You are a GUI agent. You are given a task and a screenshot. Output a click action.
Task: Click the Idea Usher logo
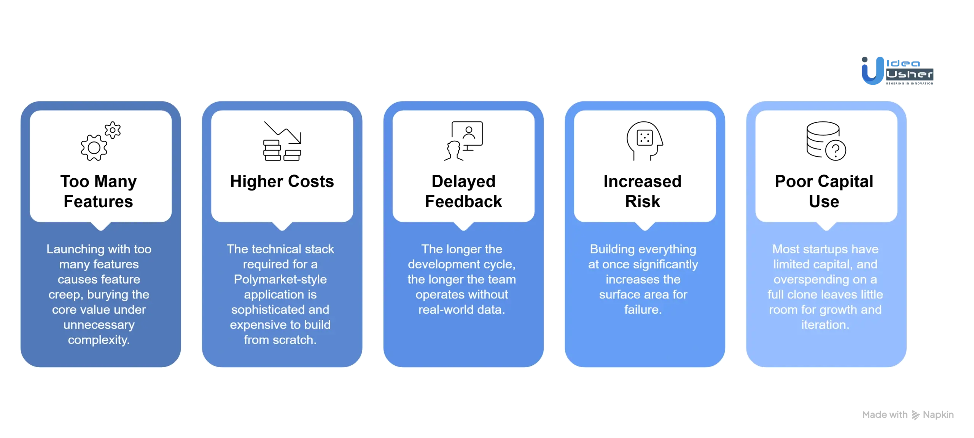[x=897, y=71]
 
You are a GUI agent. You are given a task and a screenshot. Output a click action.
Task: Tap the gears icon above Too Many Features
[x=101, y=141]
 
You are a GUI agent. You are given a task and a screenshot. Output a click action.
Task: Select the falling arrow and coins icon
[x=282, y=141]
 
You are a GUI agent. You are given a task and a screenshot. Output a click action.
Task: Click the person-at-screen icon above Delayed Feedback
[x=463, y=141]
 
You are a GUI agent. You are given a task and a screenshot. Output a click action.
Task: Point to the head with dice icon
[x=645, y=141]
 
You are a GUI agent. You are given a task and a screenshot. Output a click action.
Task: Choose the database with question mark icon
[x=826, y=141]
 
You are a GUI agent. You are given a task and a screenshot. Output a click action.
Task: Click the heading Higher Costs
[x=282, y=181]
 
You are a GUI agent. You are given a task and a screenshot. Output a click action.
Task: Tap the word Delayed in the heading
[x=463, y=182]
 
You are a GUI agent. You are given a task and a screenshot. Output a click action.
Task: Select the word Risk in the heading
[x=643, y=202]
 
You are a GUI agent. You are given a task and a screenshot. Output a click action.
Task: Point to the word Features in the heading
[x=99, y=202]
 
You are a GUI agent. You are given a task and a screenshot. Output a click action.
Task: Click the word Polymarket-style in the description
[x=280, y=279]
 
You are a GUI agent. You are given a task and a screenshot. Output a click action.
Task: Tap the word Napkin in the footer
[x=938, y=415]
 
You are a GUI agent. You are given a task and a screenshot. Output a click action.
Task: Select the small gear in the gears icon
[x=113, y=130]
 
